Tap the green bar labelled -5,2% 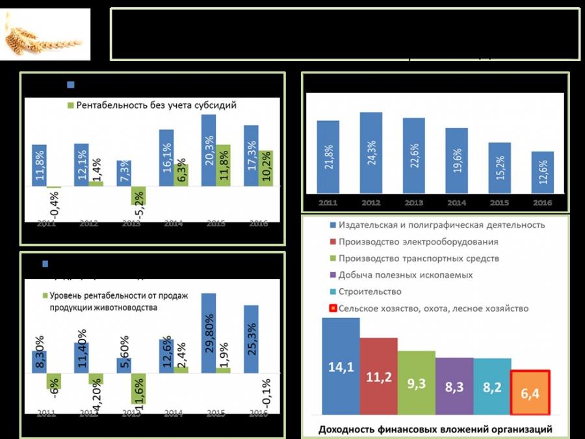(137, 196)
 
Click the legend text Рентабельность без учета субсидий (155, 105)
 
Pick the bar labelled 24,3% (371, 153)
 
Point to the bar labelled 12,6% (542, 172)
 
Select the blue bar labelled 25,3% (250, 339)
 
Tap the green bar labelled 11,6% (137, 388)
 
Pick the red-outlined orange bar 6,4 (530, 393)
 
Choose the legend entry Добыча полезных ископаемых (404, 275)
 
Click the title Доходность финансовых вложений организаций (435, 429)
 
